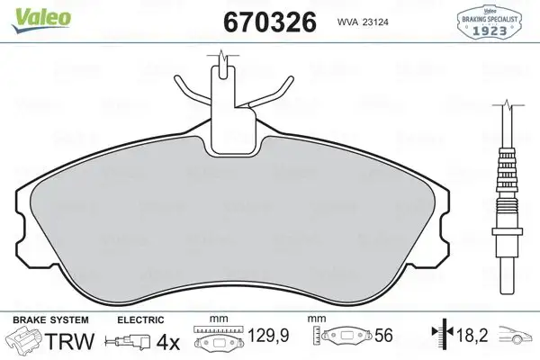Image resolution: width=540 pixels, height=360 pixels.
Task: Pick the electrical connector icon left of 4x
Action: tap(126, 342)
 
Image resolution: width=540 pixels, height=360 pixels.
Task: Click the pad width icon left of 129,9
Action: tap(222, 342)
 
